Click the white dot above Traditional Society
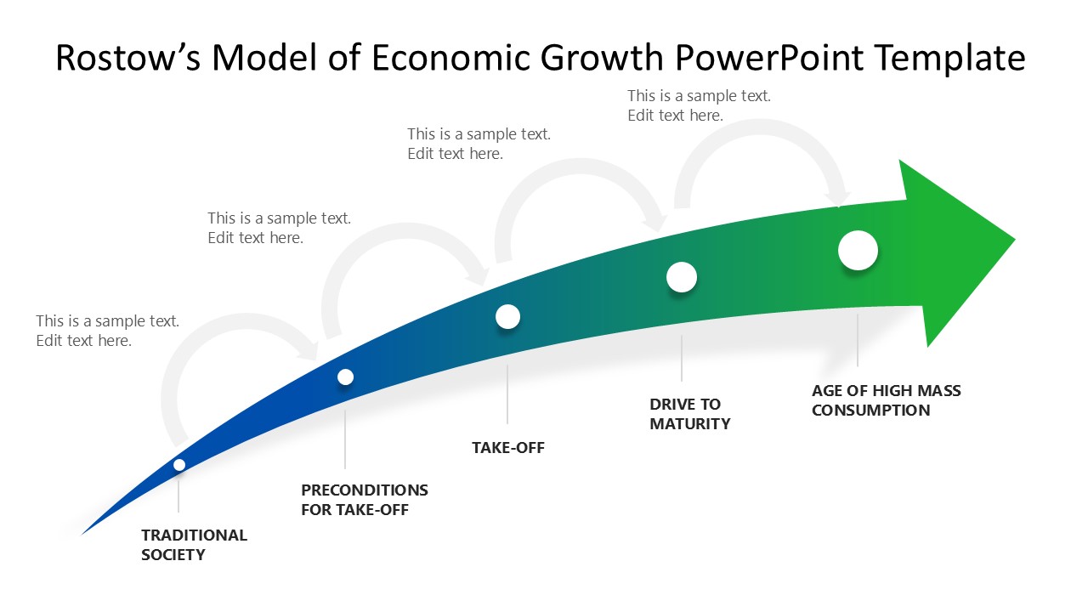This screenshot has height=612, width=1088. click(x=179, y=464)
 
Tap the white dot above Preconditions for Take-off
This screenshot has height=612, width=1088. click(x=345, y=377)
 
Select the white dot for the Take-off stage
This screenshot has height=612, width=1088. click(x=507, y=316)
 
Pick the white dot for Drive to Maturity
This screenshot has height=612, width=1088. click(x=682, y=277)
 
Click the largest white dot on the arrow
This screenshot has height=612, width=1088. click(x=858, y=251)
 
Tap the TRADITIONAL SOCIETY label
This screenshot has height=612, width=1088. click(x=194, y=545)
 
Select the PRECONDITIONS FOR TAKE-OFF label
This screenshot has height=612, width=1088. click(x=364, y=500)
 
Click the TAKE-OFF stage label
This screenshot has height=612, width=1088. click(x=507, y=447)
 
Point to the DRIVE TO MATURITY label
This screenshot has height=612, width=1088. click(x=689, y=414)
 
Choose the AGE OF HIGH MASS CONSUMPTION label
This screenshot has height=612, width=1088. click(x=886, y=400)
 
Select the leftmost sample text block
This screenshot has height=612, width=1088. click(x=107, y=331)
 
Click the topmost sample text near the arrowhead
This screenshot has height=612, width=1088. click(x=699, y=106)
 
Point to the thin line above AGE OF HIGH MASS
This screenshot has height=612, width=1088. click(x=858, y=340)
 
